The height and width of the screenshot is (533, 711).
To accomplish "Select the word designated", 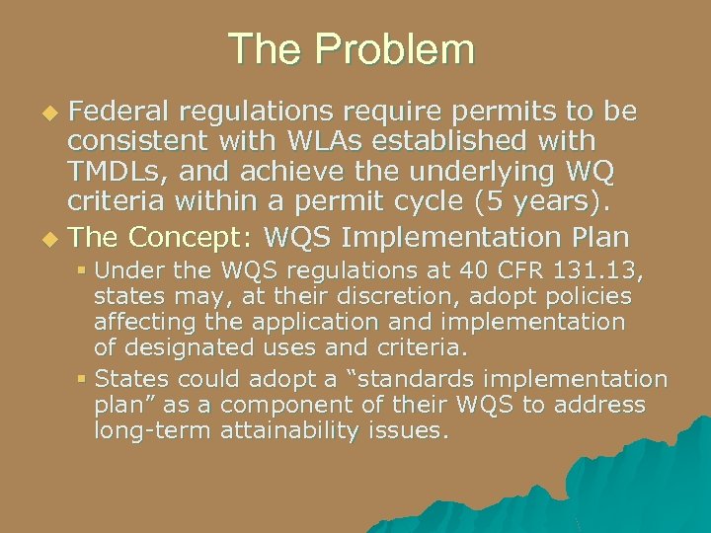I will pyautogui.click(x=179, y=347).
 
